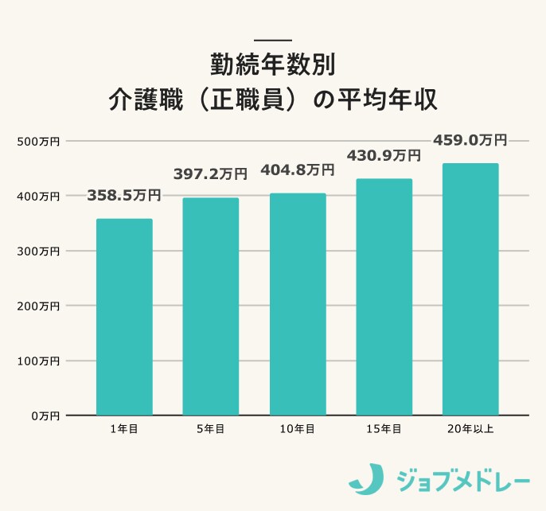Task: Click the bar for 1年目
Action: click(x=124, y=317)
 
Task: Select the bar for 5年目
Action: click(x=211, y=306)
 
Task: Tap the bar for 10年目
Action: click(x=298, y=304)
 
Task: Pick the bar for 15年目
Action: click(x=384, y=297)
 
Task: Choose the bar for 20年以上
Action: click(x=470, y=289)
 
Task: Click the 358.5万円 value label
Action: click(x=124, y=195)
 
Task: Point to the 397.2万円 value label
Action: click(x=211, y=174)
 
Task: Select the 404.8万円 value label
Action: click(x=298, y=170)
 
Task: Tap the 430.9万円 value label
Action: click(x=384, y=155)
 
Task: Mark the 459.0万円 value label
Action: click(x=470, y=140)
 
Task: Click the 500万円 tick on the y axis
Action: click(x=39, y=142)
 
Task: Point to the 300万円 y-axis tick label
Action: click(x=39, y=252)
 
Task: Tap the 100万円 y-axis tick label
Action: click(x=39, y=361)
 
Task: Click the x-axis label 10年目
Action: click(x=298, y=429)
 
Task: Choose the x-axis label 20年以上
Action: click(x=470, y=429)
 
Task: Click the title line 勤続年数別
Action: click(x=273, y=64)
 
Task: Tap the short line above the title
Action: click(x=273, y=41)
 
